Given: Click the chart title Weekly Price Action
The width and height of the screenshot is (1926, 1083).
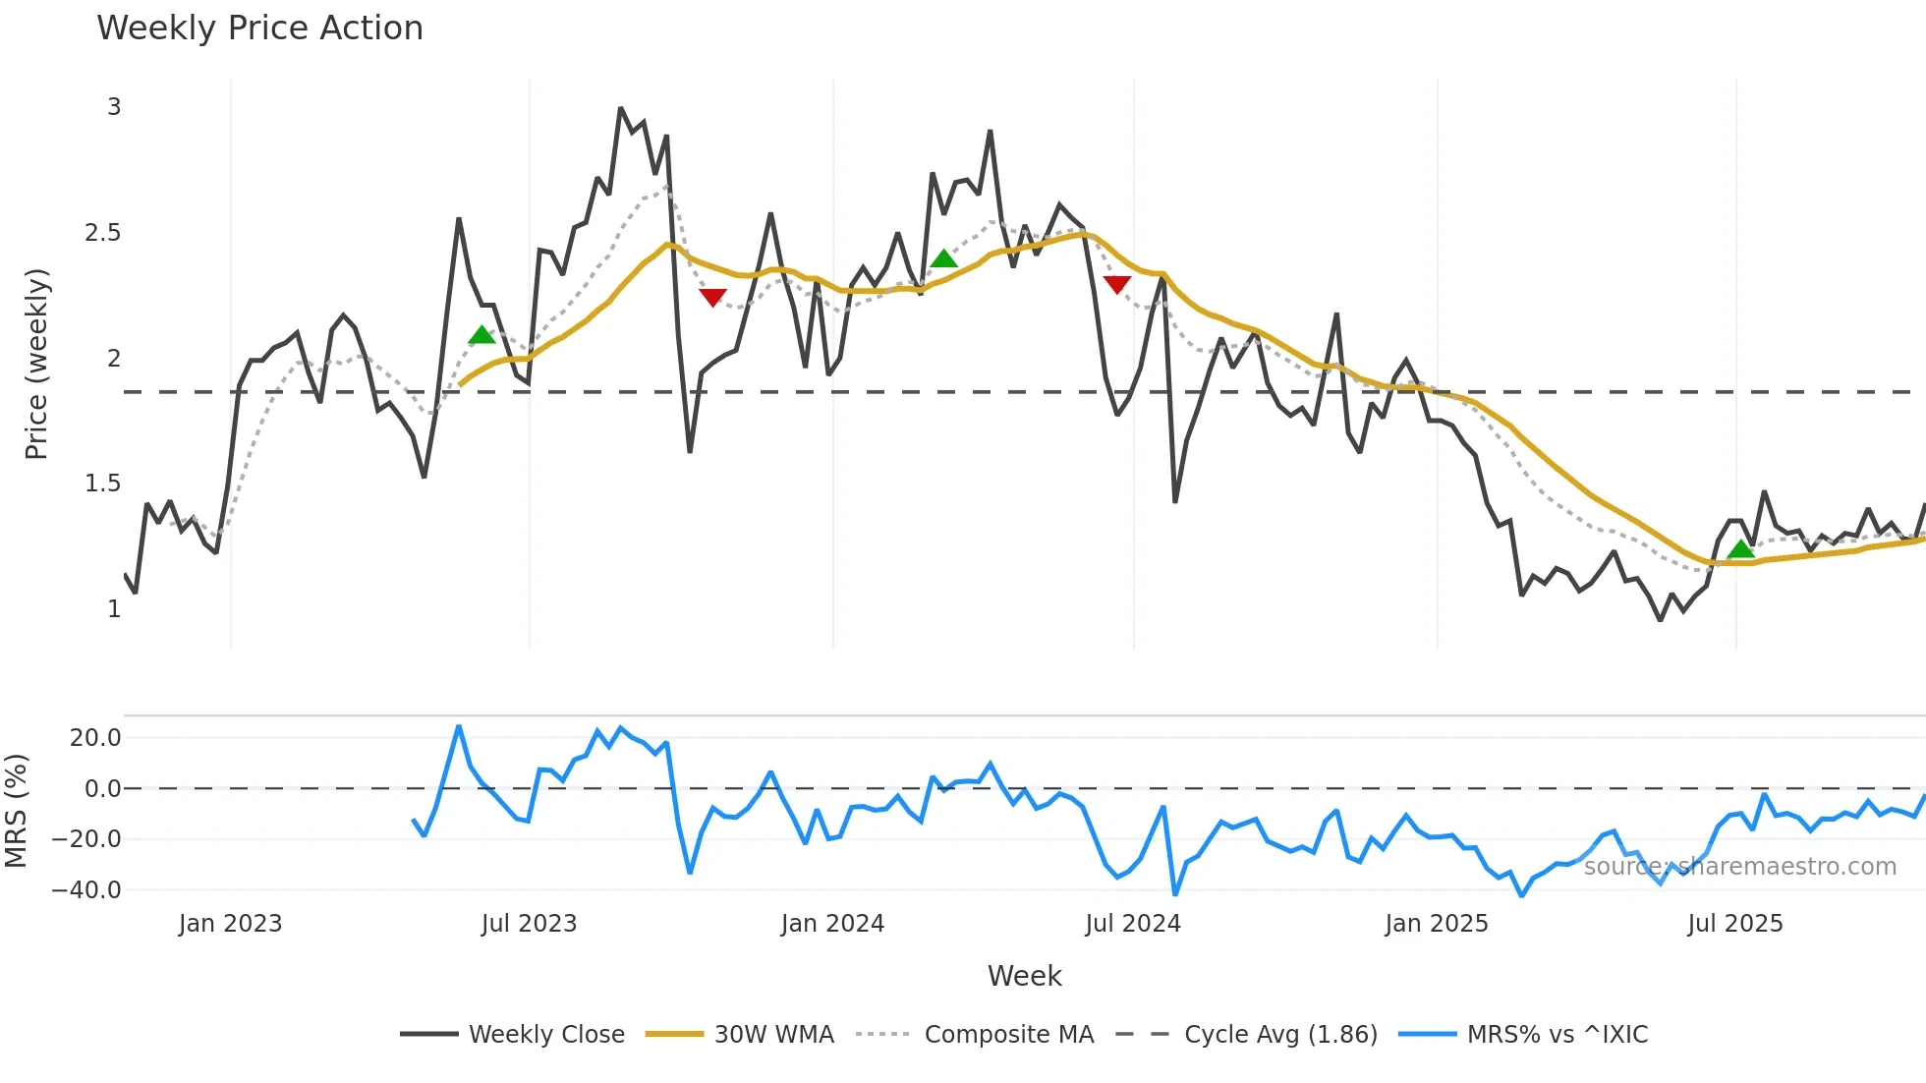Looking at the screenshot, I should (259, 28).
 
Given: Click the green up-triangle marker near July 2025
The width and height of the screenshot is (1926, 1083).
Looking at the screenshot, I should (1740, 549).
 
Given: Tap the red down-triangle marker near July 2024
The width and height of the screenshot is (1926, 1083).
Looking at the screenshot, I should (1117, 284).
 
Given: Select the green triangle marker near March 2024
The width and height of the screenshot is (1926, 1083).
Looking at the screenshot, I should (943, 259).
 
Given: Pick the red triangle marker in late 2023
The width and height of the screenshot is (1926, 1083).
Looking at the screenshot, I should (712, 297).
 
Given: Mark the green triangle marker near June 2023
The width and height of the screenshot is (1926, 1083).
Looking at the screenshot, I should (481, 335).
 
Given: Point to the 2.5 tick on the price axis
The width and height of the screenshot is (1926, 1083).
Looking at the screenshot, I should (102, 233).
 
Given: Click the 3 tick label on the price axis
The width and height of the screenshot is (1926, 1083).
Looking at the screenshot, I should (114, 107).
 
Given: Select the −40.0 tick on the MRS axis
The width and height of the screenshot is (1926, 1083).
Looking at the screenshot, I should (86, 890).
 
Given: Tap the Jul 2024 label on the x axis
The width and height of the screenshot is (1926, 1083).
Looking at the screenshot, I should (1132, 924).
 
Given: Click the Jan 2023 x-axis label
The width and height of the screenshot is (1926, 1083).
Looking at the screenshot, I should (230, 924).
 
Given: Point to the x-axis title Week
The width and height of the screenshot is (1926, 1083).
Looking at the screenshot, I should (1024, 976).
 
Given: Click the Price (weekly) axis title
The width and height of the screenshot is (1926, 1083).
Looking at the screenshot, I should (36, 364).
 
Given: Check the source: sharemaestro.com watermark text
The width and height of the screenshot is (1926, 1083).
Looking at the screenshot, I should (1739, 867).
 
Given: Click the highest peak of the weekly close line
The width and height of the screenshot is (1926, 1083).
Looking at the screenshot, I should (620, 108).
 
